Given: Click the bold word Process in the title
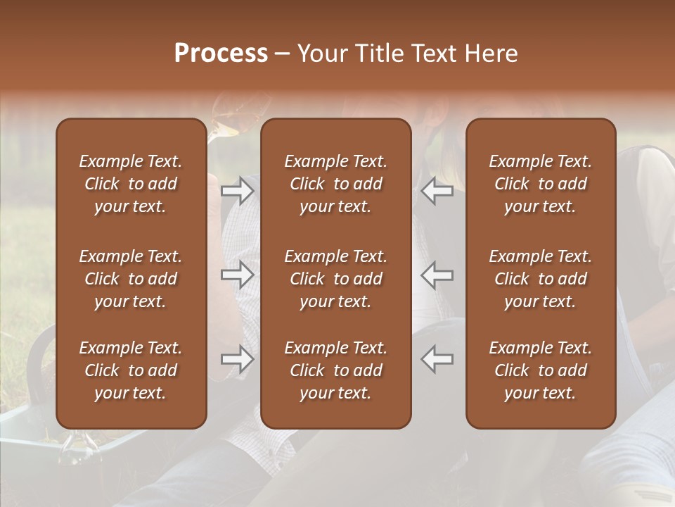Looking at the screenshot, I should pos(221,54).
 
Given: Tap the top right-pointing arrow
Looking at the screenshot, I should pos(238,191).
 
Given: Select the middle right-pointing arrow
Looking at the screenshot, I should pos(238,275).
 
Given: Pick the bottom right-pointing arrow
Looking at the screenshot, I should pos(238,359).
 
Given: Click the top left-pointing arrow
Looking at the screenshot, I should pos(437,191).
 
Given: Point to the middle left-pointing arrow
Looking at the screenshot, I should pos(437,275).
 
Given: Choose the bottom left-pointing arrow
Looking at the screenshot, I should pos(437,359).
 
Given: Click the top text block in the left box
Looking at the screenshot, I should pos(131,184).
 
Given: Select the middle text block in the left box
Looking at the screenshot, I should pos(131,279).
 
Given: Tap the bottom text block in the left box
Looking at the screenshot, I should pos(131,370).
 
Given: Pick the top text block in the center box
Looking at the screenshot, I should pos(336,184).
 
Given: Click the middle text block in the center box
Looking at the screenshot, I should pos(336,279).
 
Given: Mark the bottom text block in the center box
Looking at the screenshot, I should pos(336,370).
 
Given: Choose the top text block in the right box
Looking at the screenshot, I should pos(541,184).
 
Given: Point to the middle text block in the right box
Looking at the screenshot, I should pos(541,279).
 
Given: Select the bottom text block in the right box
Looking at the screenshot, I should pos(541,370).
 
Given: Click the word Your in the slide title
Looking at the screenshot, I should pos(321,54).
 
